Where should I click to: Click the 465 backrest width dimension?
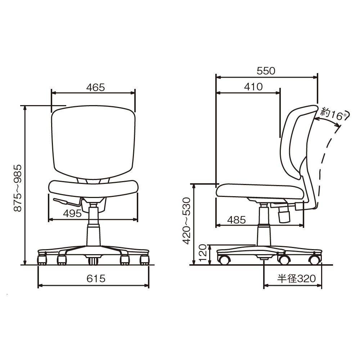[95, 87]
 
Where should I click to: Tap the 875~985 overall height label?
[18, 188]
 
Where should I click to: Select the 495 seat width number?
[72, 213]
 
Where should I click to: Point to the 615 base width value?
[96, 279]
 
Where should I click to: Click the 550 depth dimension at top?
[266, 71]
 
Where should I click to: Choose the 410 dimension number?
[253, 87]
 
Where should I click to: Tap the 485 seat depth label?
[237, 220]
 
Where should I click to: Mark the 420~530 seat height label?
[186, 221]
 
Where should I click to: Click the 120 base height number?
[202, 253]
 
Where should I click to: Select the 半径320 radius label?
[296, 279]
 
